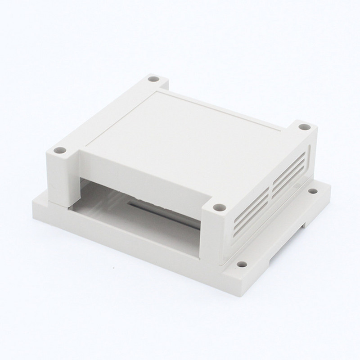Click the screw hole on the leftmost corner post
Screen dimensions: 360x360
(58, 150)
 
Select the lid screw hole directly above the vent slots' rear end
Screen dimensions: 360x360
(304, 128)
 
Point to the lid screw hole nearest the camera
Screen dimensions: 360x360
(219, 207)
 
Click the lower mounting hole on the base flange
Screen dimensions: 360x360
(242, 265)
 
